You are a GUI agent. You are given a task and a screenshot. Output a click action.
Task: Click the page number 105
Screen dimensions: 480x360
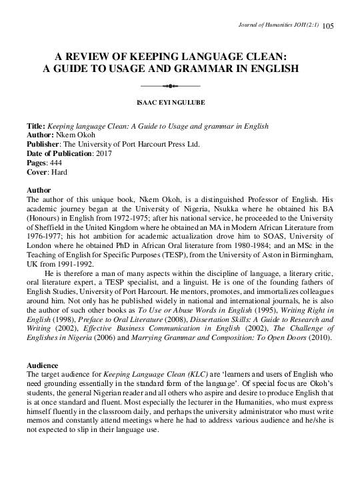328,26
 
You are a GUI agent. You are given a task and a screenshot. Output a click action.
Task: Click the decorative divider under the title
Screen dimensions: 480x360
171,86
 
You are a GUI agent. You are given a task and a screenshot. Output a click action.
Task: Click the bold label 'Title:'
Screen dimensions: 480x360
35,127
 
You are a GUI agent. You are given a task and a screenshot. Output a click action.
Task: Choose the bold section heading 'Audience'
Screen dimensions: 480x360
41,367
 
